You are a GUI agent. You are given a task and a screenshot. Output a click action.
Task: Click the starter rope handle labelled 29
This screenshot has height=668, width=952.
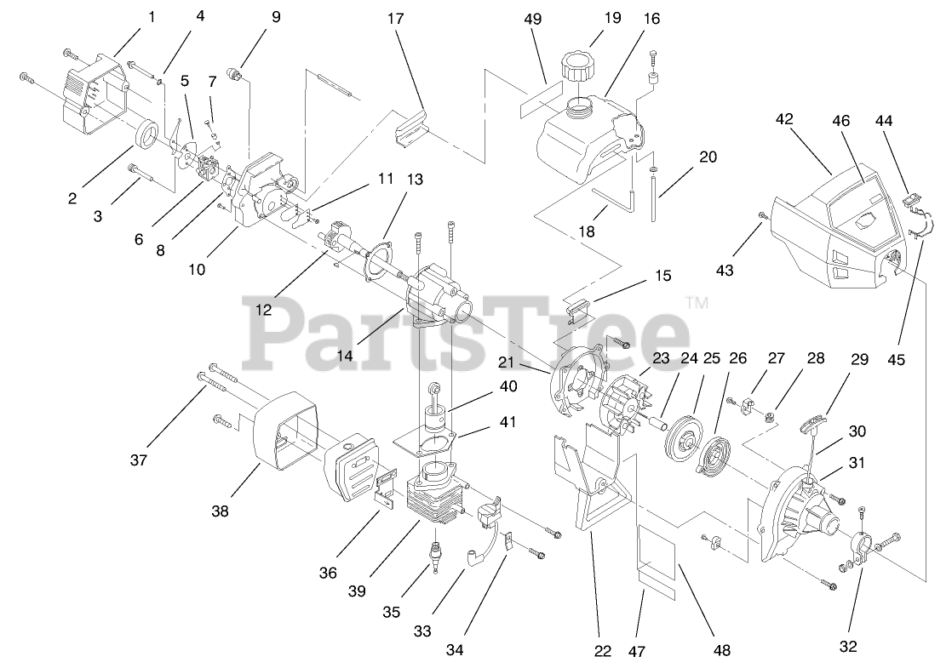(814, 421)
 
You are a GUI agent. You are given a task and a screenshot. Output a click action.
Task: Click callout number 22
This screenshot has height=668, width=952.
(603, 651)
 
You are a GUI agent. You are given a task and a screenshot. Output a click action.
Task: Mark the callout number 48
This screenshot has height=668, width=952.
(722, 651)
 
